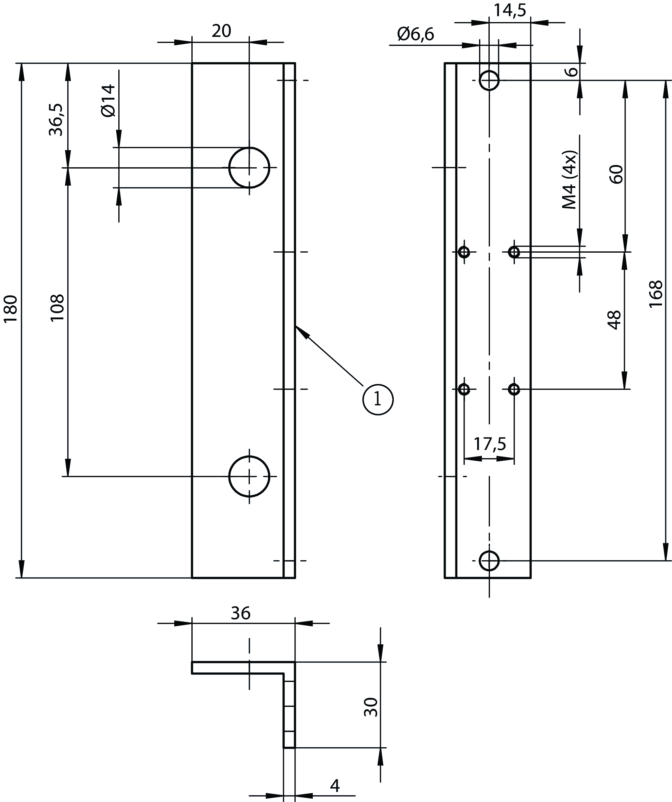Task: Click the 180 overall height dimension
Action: click(x=11, y=308)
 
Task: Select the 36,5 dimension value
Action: click(x=57, y=119)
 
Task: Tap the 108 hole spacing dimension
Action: click(x=57, y=308)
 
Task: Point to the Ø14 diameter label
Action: click(x=108, y=100)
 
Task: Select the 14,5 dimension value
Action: click(x=510, y=10)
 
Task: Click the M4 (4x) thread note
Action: click(x=570, y=180)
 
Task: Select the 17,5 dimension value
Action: click(x=490, y=444)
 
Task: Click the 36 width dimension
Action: click(x=241, y=613)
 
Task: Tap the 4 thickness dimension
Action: click(x=335, y=786)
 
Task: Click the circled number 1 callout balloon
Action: click(x=378, y=400)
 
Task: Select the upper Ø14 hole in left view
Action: click(x=249, y=168)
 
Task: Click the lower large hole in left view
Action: click(x=249, y=477)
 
